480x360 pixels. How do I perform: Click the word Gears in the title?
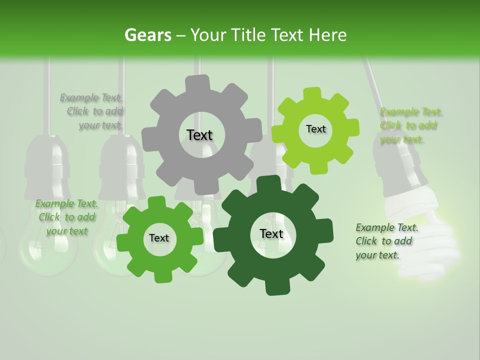click(x=147, y=35)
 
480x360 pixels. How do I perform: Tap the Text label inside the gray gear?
click(x=199, y=135)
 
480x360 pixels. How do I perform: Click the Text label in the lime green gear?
click(x=315, y=129)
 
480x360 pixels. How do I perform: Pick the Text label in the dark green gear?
click(x=271, y=233)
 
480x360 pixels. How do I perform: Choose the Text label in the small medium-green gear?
click(x=159, y=238)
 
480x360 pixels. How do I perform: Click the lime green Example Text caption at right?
click(x=410, y=125)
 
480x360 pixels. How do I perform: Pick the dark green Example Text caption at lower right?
click(x=386, y=241)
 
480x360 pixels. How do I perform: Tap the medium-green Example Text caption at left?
click(x=66, y=217)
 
